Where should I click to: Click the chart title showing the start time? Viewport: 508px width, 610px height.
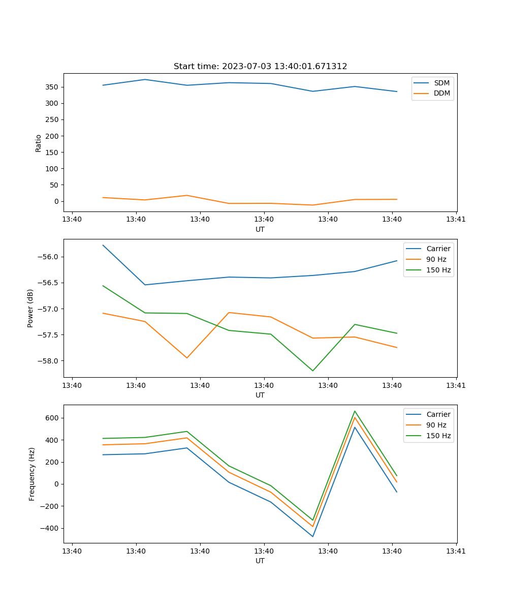(x=260, y=67)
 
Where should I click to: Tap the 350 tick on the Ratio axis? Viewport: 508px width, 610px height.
(x=52, y=87)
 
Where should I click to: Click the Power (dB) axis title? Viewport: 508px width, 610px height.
(x=30, y=308)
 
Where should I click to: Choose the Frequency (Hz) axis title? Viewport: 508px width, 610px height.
(x=32, y=474)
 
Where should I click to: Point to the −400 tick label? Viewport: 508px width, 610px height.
(x=50, y=528)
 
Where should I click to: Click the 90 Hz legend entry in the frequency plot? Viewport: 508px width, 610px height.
(x=436, y=425)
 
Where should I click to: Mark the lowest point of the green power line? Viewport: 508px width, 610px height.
(x=313, y=371)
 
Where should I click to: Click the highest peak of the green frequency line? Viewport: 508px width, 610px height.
(x=355, y=411)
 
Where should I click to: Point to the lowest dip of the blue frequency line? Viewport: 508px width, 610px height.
(x=313, y=536)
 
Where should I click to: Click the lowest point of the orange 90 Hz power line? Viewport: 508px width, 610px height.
(x=187, y=358)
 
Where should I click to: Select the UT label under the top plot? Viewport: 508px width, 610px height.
(x=260, y=229)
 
